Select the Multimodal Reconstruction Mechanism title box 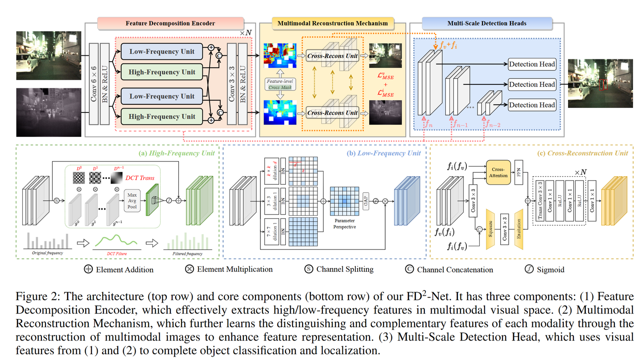(332, 23)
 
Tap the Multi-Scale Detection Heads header (488, 23)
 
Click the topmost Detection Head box (531, 64)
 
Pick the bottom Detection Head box (531, 105)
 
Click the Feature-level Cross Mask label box (278, 84)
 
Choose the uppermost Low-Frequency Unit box (162, 51)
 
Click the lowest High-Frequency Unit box (162, 116)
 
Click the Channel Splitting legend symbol (308, 269)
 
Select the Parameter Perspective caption (344, 223)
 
